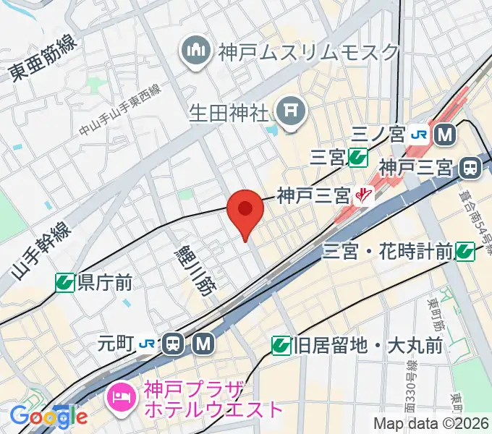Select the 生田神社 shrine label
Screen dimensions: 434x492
tap(229, 113)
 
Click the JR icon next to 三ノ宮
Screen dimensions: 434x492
tap(418, 134)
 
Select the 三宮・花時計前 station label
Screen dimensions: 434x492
tap(388, 252)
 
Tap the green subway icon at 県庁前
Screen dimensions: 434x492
tap(66, 282)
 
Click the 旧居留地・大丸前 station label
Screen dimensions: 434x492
tap(368, 346)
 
